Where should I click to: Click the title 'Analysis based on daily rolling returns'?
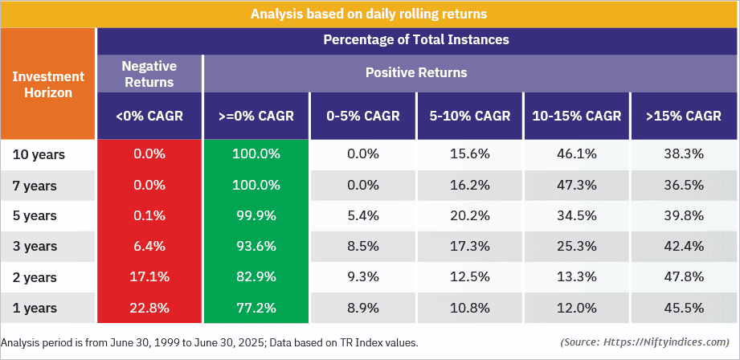coord(369,14)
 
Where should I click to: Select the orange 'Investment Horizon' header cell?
coord(47,84)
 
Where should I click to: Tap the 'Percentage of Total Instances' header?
coord(416,39)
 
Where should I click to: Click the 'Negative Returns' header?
coord(149,73)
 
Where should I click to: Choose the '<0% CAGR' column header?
coord(149,116)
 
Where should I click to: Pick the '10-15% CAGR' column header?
coord(576,116)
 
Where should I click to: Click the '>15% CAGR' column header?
coord(684,116)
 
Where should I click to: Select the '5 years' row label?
coord(35,216)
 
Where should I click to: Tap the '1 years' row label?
coord(35,308)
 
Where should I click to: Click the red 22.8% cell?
coord(149,308)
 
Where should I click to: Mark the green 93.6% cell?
coord(256,246)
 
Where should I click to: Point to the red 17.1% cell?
coord(149,277)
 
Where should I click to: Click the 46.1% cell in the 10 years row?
coord(576,154)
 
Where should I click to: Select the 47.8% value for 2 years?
coord(684,277)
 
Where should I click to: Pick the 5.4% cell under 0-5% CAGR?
coord(363,216)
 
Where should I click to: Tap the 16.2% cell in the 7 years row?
coord(469,185)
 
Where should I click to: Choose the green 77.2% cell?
coord(256,308)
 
